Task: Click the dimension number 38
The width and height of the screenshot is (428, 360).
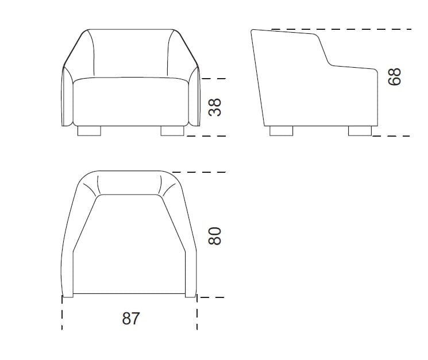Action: pyautogui.click(x=215, y=107)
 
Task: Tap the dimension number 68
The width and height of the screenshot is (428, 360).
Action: pyautogui.click(x=395, y=76)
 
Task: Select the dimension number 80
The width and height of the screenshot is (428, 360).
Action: pyautogui.click(x=214, y=235)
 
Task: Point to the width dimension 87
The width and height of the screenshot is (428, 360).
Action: pyautogui.click(x=130, y=318)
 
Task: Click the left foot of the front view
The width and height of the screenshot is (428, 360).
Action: pyautogui.click(x=89, y=131)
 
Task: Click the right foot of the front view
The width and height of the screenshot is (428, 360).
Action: pyautogui.click(x=172, y=131)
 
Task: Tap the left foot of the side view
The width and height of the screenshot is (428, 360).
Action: pyautogui.click(x=281, y=131)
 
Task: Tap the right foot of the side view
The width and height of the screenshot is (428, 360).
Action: pyautogui.click(x=360, y=131)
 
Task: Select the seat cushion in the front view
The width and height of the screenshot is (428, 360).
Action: pyautogui.click(x=130, y=102)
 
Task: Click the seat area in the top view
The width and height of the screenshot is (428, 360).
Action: pyautogui.click(x=129, y=247)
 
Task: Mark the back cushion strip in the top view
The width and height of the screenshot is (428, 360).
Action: pyautogui.click(x=129, y=184)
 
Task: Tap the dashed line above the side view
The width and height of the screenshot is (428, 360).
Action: pyautogui.click(x=345, y=29)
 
